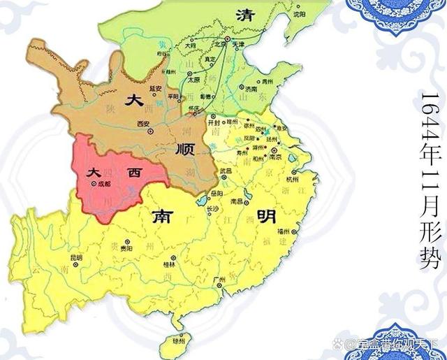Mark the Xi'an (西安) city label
tap(145, 124)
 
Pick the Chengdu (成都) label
tap(104, 184)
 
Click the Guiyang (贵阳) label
tap(126, 247)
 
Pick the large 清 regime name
tap(244, 15)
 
